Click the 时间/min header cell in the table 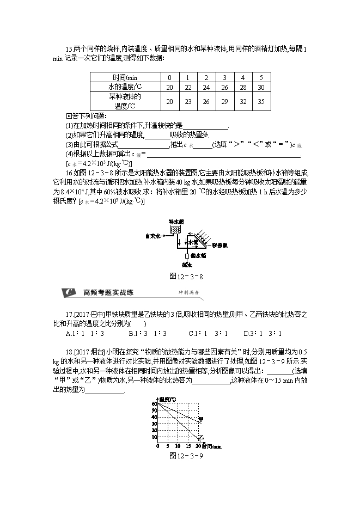coord(124,77)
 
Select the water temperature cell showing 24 coord(206,87)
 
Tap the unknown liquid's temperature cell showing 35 coord(261,101)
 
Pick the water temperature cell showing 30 coord(261,87)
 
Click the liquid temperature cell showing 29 coord(224,101)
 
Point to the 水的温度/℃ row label coord(124,87)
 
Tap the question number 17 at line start coord(69,315)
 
